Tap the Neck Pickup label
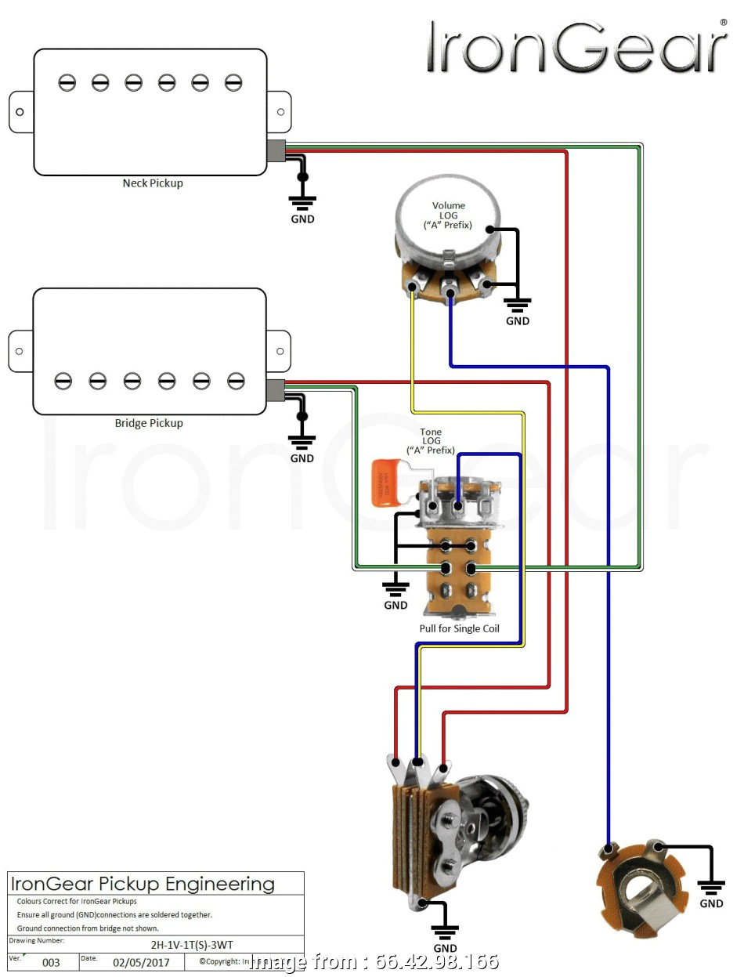153,183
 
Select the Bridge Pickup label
149,423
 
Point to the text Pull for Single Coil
459,628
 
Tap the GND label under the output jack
711,903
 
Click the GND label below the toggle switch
445,949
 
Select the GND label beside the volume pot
518,320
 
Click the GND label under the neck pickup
302,219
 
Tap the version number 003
51,962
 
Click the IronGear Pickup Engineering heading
143,885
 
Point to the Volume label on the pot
449,205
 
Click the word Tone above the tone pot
431,432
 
